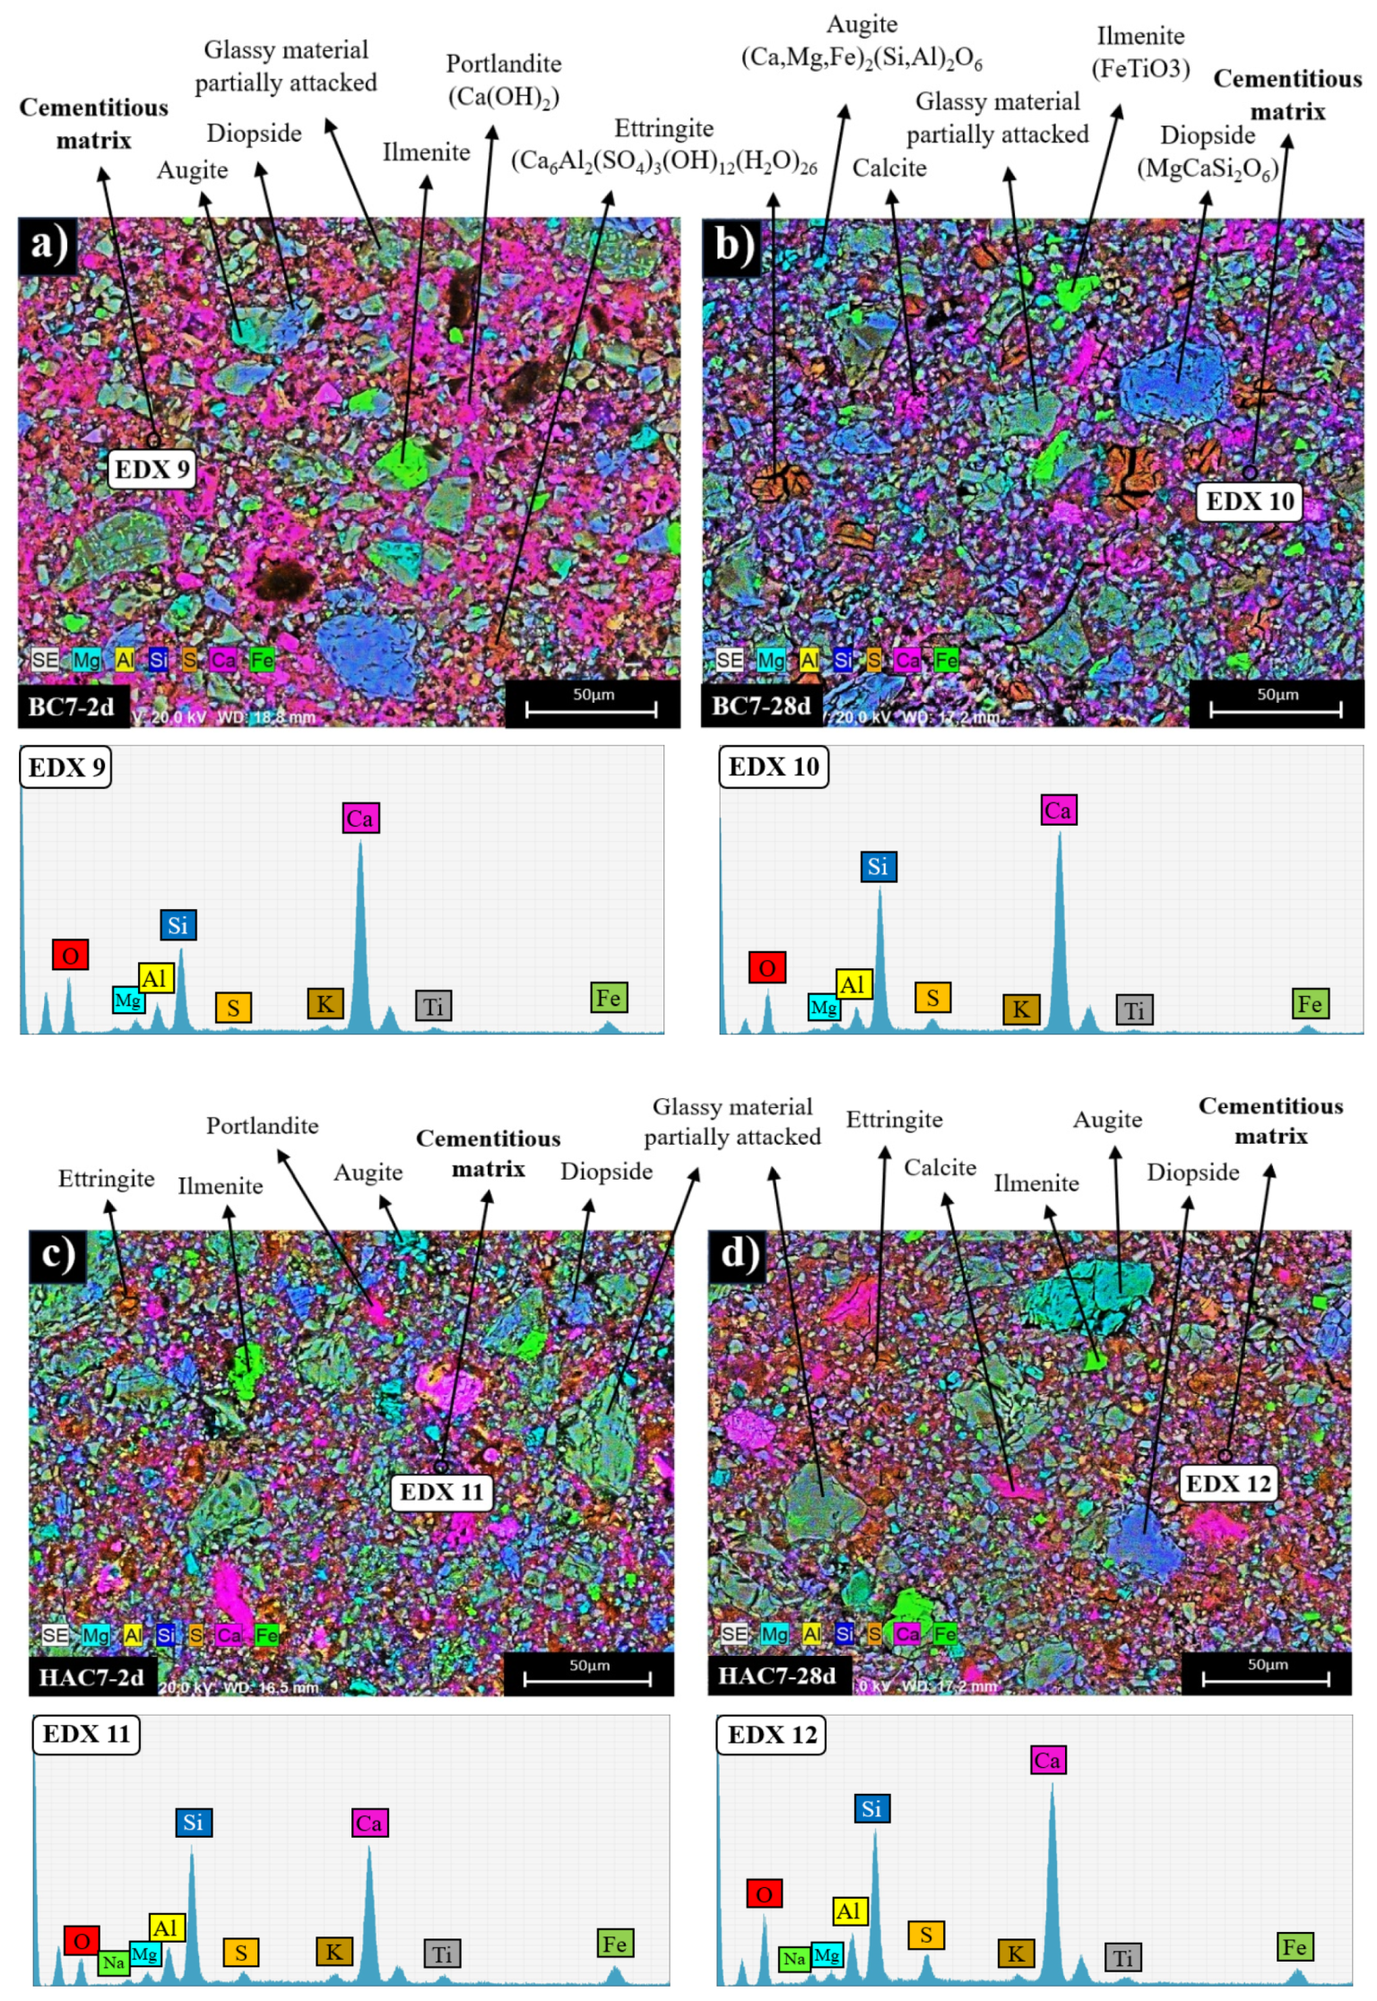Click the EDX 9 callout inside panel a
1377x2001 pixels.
[x=152, y=469]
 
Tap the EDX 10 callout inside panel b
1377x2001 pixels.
[x=1249, y=501]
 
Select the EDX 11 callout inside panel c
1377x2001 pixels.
[x=441, y=1493]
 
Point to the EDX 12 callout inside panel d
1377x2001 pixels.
[x=1227, y=1484]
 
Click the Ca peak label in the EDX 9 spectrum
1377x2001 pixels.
[x=360, y=818]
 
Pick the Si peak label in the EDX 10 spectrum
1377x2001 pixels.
[x=877, y=866]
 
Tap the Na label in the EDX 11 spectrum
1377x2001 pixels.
[x=113, y=1962]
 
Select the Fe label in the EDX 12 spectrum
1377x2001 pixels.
[x=1294, y=1946]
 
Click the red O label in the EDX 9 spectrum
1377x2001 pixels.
[x=70, y=955]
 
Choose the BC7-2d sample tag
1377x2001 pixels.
[x=72, y=706]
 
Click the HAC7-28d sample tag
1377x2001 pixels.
[x=776, y=1676]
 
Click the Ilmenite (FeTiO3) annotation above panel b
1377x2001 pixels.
[x=1140, y=52]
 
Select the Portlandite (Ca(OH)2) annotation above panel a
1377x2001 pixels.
[x=503, y=80]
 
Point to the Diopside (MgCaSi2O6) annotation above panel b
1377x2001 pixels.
[x=1207, y=152]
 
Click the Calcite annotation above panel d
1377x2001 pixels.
[x=939, y=1167]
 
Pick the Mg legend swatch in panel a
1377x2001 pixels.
[x=86, y=661]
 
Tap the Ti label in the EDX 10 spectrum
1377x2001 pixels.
[x=1133, y=1010]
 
